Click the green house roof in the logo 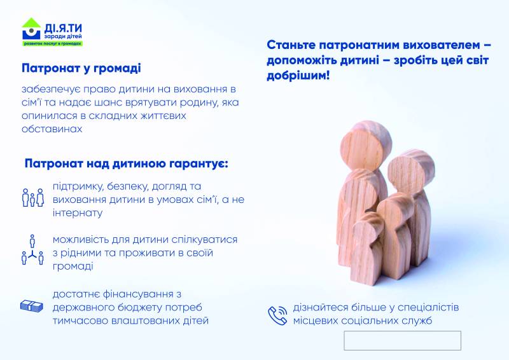click(31, 23)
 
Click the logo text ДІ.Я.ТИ click(63, 28)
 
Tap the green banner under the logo click(53, 43)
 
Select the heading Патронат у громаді click(81, 69)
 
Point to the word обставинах click(52, 129)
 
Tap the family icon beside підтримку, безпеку click(33, 197)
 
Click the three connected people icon click(32, 249)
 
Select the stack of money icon click(31, 306)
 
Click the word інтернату click(78, 213)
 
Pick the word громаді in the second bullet click(73, 267)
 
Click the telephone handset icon click(277, 315)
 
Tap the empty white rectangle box click(403, 340)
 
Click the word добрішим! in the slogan click(298, 76)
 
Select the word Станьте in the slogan click(291, 45)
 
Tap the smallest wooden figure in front click(368, 248)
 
